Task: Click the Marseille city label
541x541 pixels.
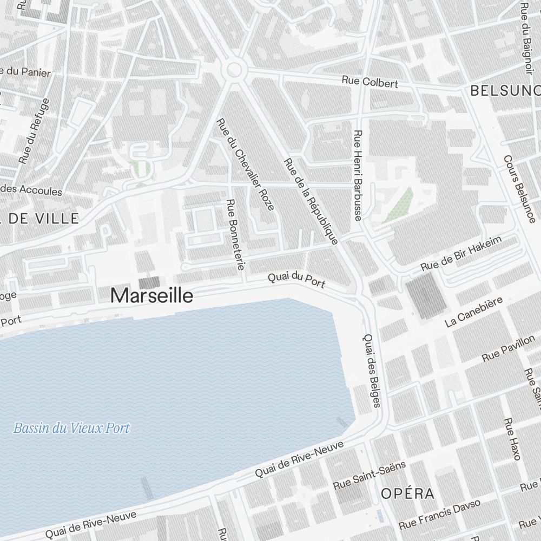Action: click(151, 295)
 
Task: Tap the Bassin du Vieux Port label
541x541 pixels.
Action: click(71, 428)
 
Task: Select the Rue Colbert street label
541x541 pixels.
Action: click(370, 82)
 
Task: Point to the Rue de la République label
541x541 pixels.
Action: click(311, 201)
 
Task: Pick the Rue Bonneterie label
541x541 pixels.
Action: click(236, 234)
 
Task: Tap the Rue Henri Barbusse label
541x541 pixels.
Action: click(357, 175)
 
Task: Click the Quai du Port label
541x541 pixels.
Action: click(296, 280)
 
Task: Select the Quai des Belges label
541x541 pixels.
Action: click(372, 370)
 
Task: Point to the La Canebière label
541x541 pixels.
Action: click(474, 312)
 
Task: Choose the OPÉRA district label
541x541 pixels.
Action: click(407, 493)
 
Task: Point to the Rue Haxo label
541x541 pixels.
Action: click(511, 439)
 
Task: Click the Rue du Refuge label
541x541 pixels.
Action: click(34, 131)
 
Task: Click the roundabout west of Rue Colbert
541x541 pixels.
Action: click(234, 69)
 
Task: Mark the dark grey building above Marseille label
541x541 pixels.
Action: click(150, 282)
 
